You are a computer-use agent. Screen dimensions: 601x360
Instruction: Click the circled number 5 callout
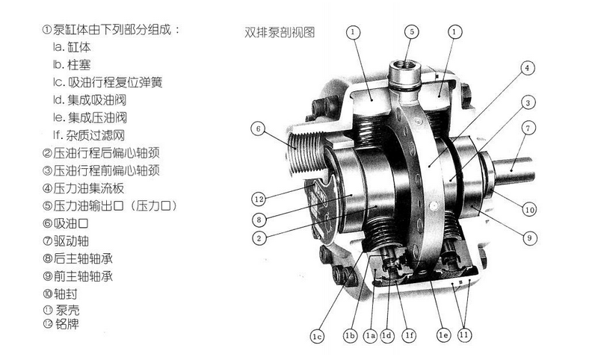point(412,31)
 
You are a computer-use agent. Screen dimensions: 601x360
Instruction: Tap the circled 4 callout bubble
point(527,68)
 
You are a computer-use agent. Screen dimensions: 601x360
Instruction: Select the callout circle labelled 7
point(528,128)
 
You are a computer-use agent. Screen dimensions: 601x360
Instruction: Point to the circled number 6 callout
point(258,128)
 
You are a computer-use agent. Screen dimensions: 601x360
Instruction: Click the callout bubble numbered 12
point(259,199)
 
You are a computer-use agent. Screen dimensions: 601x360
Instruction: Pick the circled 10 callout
point(529,209)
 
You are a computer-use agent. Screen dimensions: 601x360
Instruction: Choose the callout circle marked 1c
point(317,336)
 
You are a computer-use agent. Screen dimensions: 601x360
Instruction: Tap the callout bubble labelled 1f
point(410,335)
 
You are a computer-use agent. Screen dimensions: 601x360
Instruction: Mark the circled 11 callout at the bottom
point(464,335)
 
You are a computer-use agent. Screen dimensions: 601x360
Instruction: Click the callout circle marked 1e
point(443,335)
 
